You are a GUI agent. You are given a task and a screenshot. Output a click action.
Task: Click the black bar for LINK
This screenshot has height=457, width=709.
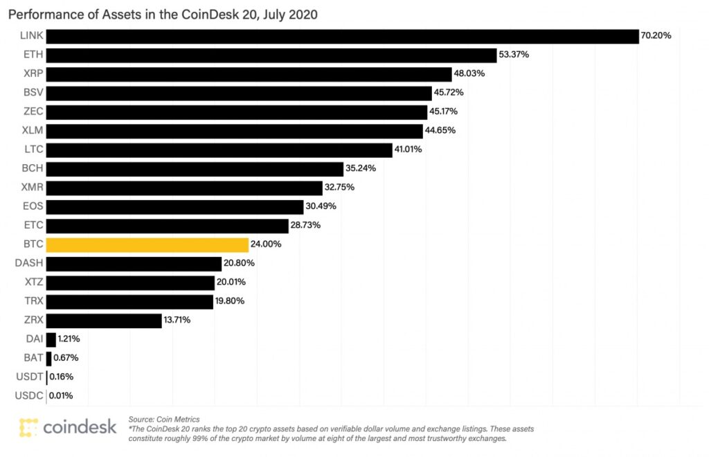pos(342,36)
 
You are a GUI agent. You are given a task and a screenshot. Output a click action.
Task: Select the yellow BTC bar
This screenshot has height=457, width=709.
pos(147,245)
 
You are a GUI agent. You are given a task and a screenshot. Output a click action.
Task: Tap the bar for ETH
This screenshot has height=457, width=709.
pos(271,55)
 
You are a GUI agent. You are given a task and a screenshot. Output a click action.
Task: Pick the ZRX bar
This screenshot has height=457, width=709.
pos(104,321)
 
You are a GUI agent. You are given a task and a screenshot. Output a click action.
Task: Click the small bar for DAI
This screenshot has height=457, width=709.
pos(51,339)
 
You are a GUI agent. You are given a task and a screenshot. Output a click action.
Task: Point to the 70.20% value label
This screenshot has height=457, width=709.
pos(656,36)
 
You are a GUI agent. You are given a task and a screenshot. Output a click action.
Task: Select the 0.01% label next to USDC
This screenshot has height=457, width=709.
pos(60,396)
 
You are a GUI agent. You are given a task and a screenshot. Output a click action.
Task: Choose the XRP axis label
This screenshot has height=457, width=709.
pos(33,74)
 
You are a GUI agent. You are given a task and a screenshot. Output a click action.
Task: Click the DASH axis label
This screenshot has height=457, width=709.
pos(30,264)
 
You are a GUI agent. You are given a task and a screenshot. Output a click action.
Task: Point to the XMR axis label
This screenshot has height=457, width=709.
pos(32,188)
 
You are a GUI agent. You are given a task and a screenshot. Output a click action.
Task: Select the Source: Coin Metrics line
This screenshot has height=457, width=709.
pos(164,419)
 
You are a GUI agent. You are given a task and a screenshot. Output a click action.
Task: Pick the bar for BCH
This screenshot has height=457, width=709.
pos(195,169)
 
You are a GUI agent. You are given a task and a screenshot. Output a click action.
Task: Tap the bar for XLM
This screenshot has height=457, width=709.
pos(234,131)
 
